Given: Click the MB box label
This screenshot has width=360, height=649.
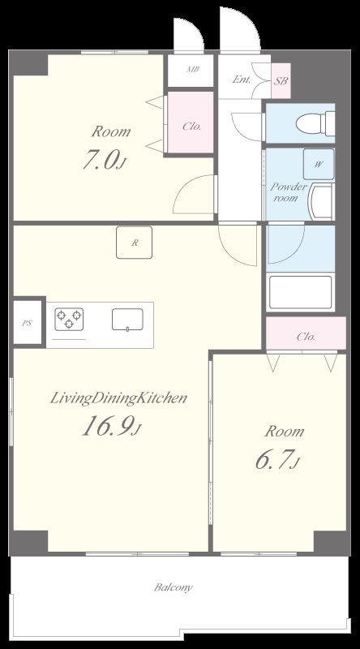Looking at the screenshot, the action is (x=192, y=70).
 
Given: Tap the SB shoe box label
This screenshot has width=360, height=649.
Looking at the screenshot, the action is (x=281, y=80).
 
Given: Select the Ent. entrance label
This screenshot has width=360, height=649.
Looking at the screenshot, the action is (x=242, y=80).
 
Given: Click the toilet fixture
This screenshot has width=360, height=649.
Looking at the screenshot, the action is (x=315, y=123).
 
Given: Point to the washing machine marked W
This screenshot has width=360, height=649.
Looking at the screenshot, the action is (x=318, y=165).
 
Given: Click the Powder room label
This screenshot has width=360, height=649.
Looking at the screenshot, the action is (x=289, y=192).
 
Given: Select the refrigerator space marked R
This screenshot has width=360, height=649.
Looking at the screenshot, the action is (x=134, y=243).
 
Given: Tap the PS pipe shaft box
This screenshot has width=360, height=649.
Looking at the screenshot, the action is (x=28, y=322).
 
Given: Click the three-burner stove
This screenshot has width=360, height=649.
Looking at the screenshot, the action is (x=69, y=319).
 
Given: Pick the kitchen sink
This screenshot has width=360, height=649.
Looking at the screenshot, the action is (x=127, y=320).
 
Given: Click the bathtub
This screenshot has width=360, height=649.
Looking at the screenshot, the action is (x=300, y=292).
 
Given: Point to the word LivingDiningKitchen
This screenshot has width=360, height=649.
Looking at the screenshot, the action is (x=118, y=398).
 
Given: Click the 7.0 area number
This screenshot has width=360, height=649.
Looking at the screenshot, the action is (x=104, y=160).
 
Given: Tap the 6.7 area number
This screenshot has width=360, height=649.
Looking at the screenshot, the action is (x=277, y=460).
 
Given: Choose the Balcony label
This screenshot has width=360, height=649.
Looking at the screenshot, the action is (x=174, y=587).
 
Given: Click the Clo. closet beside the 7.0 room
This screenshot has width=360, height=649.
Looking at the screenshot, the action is (x=191, y=122).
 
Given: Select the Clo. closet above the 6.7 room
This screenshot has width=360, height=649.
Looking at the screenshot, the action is (x=306, y=333).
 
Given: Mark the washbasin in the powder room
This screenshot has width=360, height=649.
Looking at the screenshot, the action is (x=322, y=203).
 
